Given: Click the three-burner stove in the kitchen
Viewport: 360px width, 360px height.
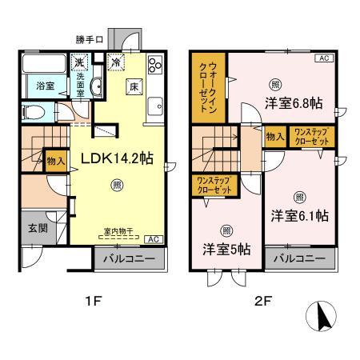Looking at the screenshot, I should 154,66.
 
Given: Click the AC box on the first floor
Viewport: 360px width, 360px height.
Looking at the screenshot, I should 154,238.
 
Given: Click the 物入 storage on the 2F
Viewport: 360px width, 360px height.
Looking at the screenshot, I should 274,138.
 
